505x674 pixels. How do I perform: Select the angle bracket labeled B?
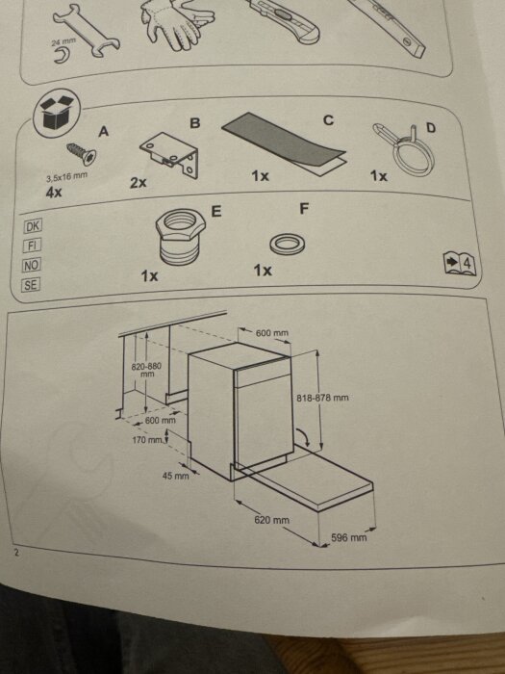pyautogui.click(x=170, y=154)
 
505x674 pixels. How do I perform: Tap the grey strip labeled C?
pyautogui.click(x=285, y=144)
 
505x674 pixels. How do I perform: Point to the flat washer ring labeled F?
pyautogui.click(x=288, y=245)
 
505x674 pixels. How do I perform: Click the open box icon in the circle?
pyautogui.click(x=57, y=113)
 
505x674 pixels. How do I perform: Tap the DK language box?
pyautogui.click(x=33, y=226)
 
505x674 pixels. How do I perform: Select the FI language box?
pyautogui.click(x=32, y=246)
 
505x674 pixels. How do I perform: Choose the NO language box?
pyautogui.click(x=32, y=265)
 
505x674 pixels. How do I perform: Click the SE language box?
pyautogui.click(x=31, y=285)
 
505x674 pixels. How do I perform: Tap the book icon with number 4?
pyautogui.click(x=460, y=264)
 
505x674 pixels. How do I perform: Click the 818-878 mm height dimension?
pyautogui.click(x=322, y=398)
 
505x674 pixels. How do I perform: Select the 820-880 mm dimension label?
pyautogui.click(x=146, y=370)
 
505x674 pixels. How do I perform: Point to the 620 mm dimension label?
pyautogui.click(x=272, y=520)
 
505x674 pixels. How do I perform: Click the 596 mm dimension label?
pyautogui.click(x=348, y=537)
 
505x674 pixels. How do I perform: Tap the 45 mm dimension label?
pyautogui.click(x=176, y=476)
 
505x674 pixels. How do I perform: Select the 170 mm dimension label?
pyautogui.click(x=147, y=440)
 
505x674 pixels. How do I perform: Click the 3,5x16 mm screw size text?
pyautogui.click(x=66, y=176)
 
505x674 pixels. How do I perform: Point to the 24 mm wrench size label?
pyautogui.click(x=63, y=41)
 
